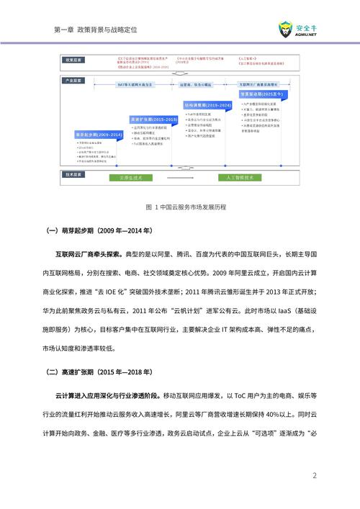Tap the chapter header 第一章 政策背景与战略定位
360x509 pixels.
[x=96, y=30]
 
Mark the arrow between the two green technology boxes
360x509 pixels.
[x=184, y=176]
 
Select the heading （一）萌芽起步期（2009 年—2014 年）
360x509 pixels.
[x=99, y=231]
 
